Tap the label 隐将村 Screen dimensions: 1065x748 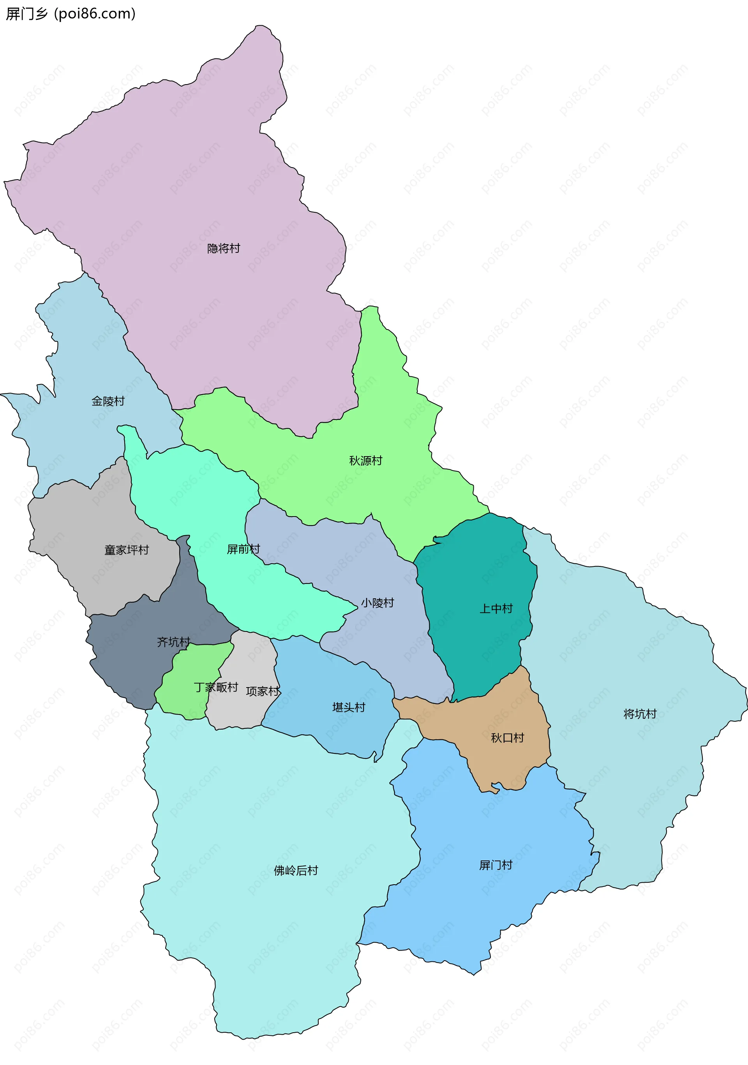[x=223, y=249]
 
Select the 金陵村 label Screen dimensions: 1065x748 [x=108, y=401]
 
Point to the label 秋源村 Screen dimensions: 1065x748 [x=366, y=460]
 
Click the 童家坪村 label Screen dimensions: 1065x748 [x=126, y=550]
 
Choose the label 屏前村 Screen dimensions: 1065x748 [x=243, y=549]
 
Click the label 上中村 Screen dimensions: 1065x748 [x=496, y=608]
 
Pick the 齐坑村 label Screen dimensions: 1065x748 [x=173, y=642]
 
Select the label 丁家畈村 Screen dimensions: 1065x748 [x=216, y=687]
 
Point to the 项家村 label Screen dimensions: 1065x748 [x=263, y=691]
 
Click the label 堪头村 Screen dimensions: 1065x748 [x=348, y=707]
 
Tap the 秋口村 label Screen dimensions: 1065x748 [x=507, y=738]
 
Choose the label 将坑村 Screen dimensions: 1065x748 [x=640, y=714]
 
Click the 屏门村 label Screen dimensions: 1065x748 [x=496, y=865]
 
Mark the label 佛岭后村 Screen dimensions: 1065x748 [x=296, y=871]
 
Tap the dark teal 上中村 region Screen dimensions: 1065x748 [x=483, y=571]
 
